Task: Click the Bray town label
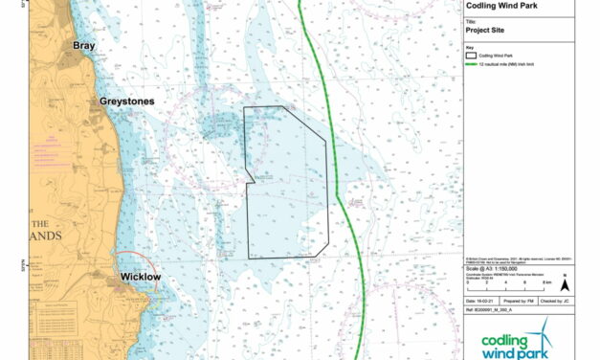click(x=84, y=45)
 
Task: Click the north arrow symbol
click(x=566, y=282)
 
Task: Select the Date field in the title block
click(x=483, y=301)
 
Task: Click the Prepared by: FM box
click(x=527, y=301)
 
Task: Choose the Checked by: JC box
click(x=571, y=301)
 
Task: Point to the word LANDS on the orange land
click(x=45, y=236)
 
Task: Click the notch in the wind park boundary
click(x=249, y=180)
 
